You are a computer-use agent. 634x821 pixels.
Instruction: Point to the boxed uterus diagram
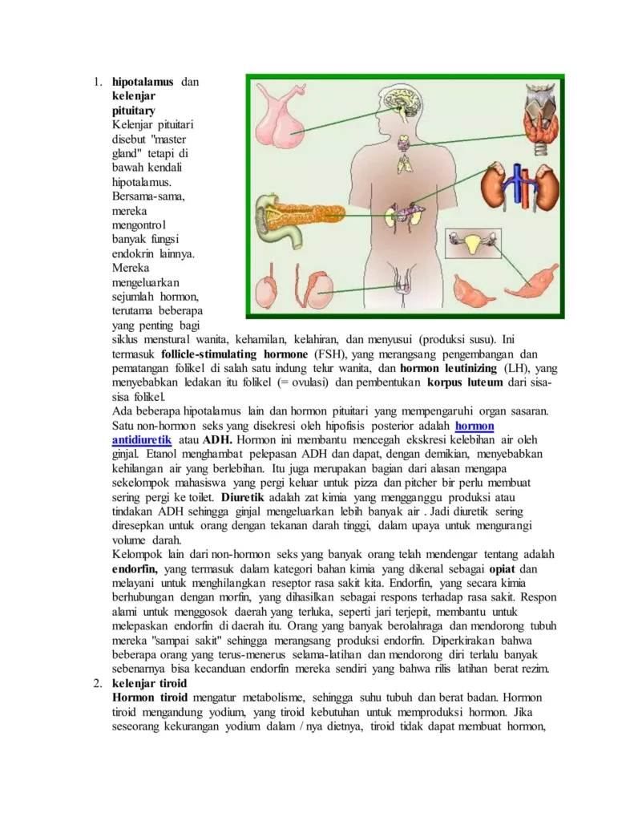pyautogui.click(x=472, y=243)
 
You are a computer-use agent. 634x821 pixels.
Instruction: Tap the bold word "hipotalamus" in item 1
pyautogui.click(x=143, y=82)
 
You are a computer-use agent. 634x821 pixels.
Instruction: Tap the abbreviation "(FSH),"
pyautogui.click(x=329, y=354)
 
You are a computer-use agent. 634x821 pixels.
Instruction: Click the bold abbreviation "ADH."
pyautogui.click(x=217, y=440)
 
